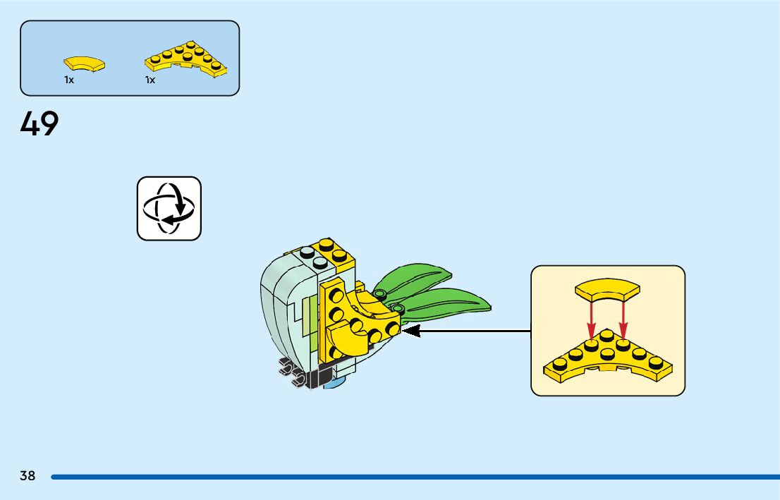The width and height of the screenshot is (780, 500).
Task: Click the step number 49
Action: [39, 124]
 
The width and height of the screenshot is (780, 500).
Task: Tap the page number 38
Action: [28, 475]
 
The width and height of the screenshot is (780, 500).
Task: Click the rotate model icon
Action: [169, 208]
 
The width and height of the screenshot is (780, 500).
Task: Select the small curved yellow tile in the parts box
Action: [85, 64]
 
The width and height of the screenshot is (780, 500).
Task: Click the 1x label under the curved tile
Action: [69, 80]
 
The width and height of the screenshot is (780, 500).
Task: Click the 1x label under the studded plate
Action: [150, 80]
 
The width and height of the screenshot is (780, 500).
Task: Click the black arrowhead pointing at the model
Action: [410, 330]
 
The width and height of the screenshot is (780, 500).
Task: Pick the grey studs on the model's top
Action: [313, 257]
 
